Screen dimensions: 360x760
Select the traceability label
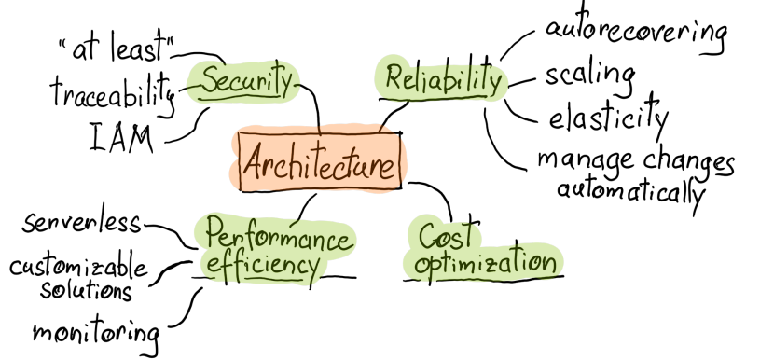coord(112,90)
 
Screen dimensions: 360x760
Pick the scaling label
coord(589,74)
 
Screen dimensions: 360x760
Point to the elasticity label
coord(608,119)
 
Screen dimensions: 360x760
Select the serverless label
coord(84,224)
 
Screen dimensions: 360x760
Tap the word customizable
coord(79,269)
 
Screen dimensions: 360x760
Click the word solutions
coord(86,290)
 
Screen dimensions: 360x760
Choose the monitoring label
coord(96,331)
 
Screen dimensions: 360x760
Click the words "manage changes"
coord(635,160)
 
